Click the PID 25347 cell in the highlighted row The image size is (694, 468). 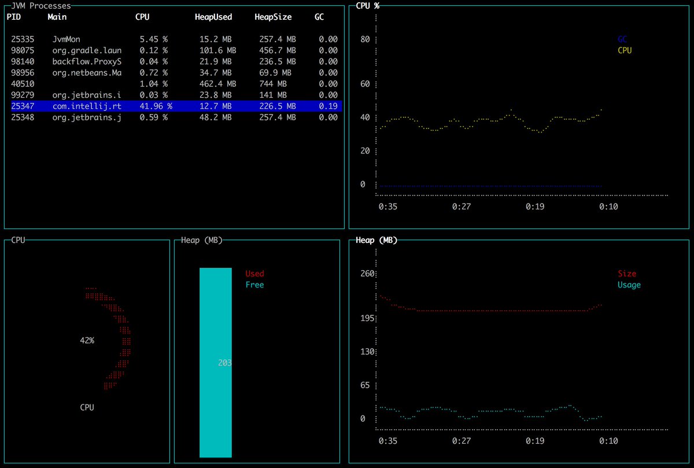(x=23, y=106)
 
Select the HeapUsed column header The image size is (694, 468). (x=213, y=17)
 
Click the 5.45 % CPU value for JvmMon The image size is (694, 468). (x=153, y=39)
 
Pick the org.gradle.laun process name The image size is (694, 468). (x=87, y=50)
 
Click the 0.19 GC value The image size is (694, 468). (x=328, y=106)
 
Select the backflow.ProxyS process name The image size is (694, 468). (x=87, y=61)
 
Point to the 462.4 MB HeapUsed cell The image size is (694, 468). (x=213, y=84)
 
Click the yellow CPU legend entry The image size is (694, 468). (x=625, y=50)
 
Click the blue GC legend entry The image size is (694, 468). (x=622, y=39)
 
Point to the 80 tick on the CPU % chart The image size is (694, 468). (x=365, y=39)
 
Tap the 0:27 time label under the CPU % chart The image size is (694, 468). (x=462, y=207)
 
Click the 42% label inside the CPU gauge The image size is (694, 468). (x=87, y=341)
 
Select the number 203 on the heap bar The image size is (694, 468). (x=225, y=363)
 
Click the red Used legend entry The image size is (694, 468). (x=254, y=274)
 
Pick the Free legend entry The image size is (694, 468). (x=254, y=285)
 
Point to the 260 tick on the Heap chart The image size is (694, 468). (x=368, y=274)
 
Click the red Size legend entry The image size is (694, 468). (x=627, y=274)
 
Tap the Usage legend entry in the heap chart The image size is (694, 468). (x=629, y=285)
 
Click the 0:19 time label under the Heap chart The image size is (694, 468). (x=534, y=441)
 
